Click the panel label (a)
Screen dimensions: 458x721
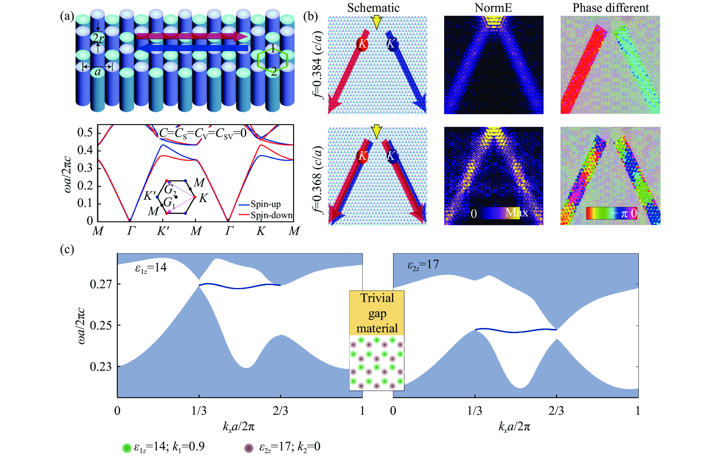[67, 16]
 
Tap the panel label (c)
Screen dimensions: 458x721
[67, 249]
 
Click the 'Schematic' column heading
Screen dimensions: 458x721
[373, 8]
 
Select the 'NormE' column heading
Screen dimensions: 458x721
[493, 8]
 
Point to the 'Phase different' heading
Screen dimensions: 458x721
[611, 8]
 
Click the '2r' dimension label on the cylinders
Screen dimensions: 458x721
[98, 38]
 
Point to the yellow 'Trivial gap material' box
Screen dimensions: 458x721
[377, 313]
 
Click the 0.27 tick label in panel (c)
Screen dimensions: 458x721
[101, 284]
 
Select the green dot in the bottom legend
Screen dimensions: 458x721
[127, 448]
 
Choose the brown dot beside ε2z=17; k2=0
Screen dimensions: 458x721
[249, 448]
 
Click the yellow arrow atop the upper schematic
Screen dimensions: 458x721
[376, 22]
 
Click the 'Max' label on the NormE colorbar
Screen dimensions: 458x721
[516, 213]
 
